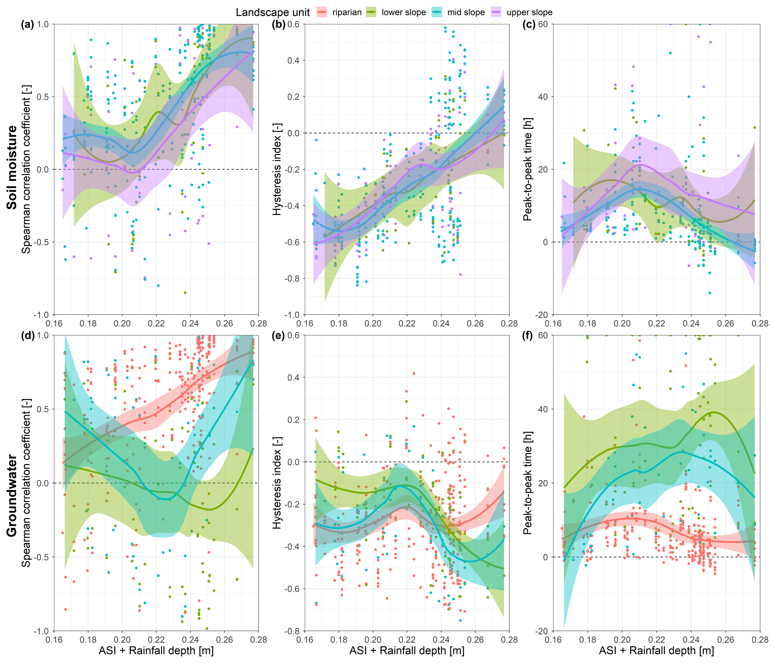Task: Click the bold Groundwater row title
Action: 12,495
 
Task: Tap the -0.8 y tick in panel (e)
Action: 293,631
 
